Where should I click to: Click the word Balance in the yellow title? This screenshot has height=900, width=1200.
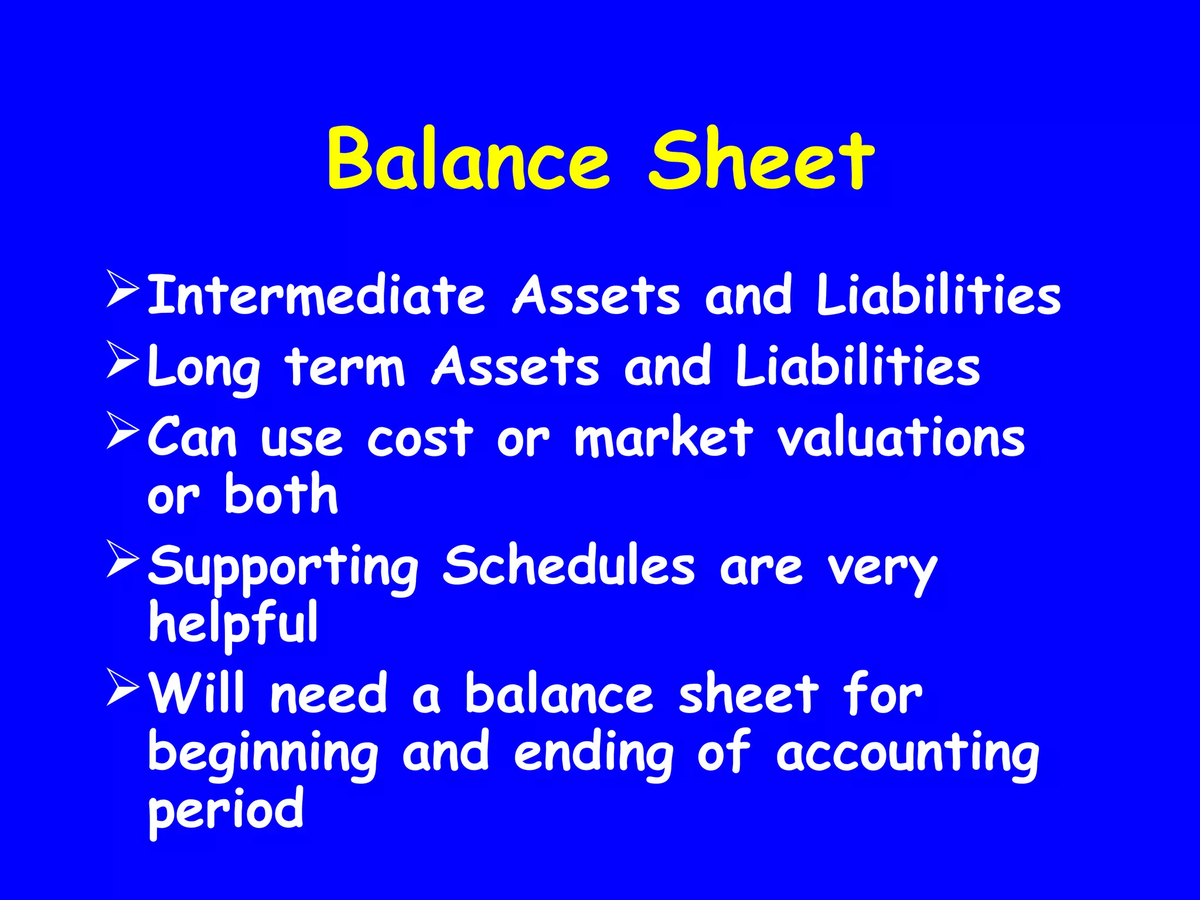469,159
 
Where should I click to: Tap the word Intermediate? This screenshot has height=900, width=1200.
316,295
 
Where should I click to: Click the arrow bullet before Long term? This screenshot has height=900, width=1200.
122,360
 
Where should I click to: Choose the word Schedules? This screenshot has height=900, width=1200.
568,565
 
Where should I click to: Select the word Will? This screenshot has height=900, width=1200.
196,693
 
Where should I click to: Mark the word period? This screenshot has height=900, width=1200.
226,812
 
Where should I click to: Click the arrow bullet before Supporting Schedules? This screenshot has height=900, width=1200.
122,559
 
